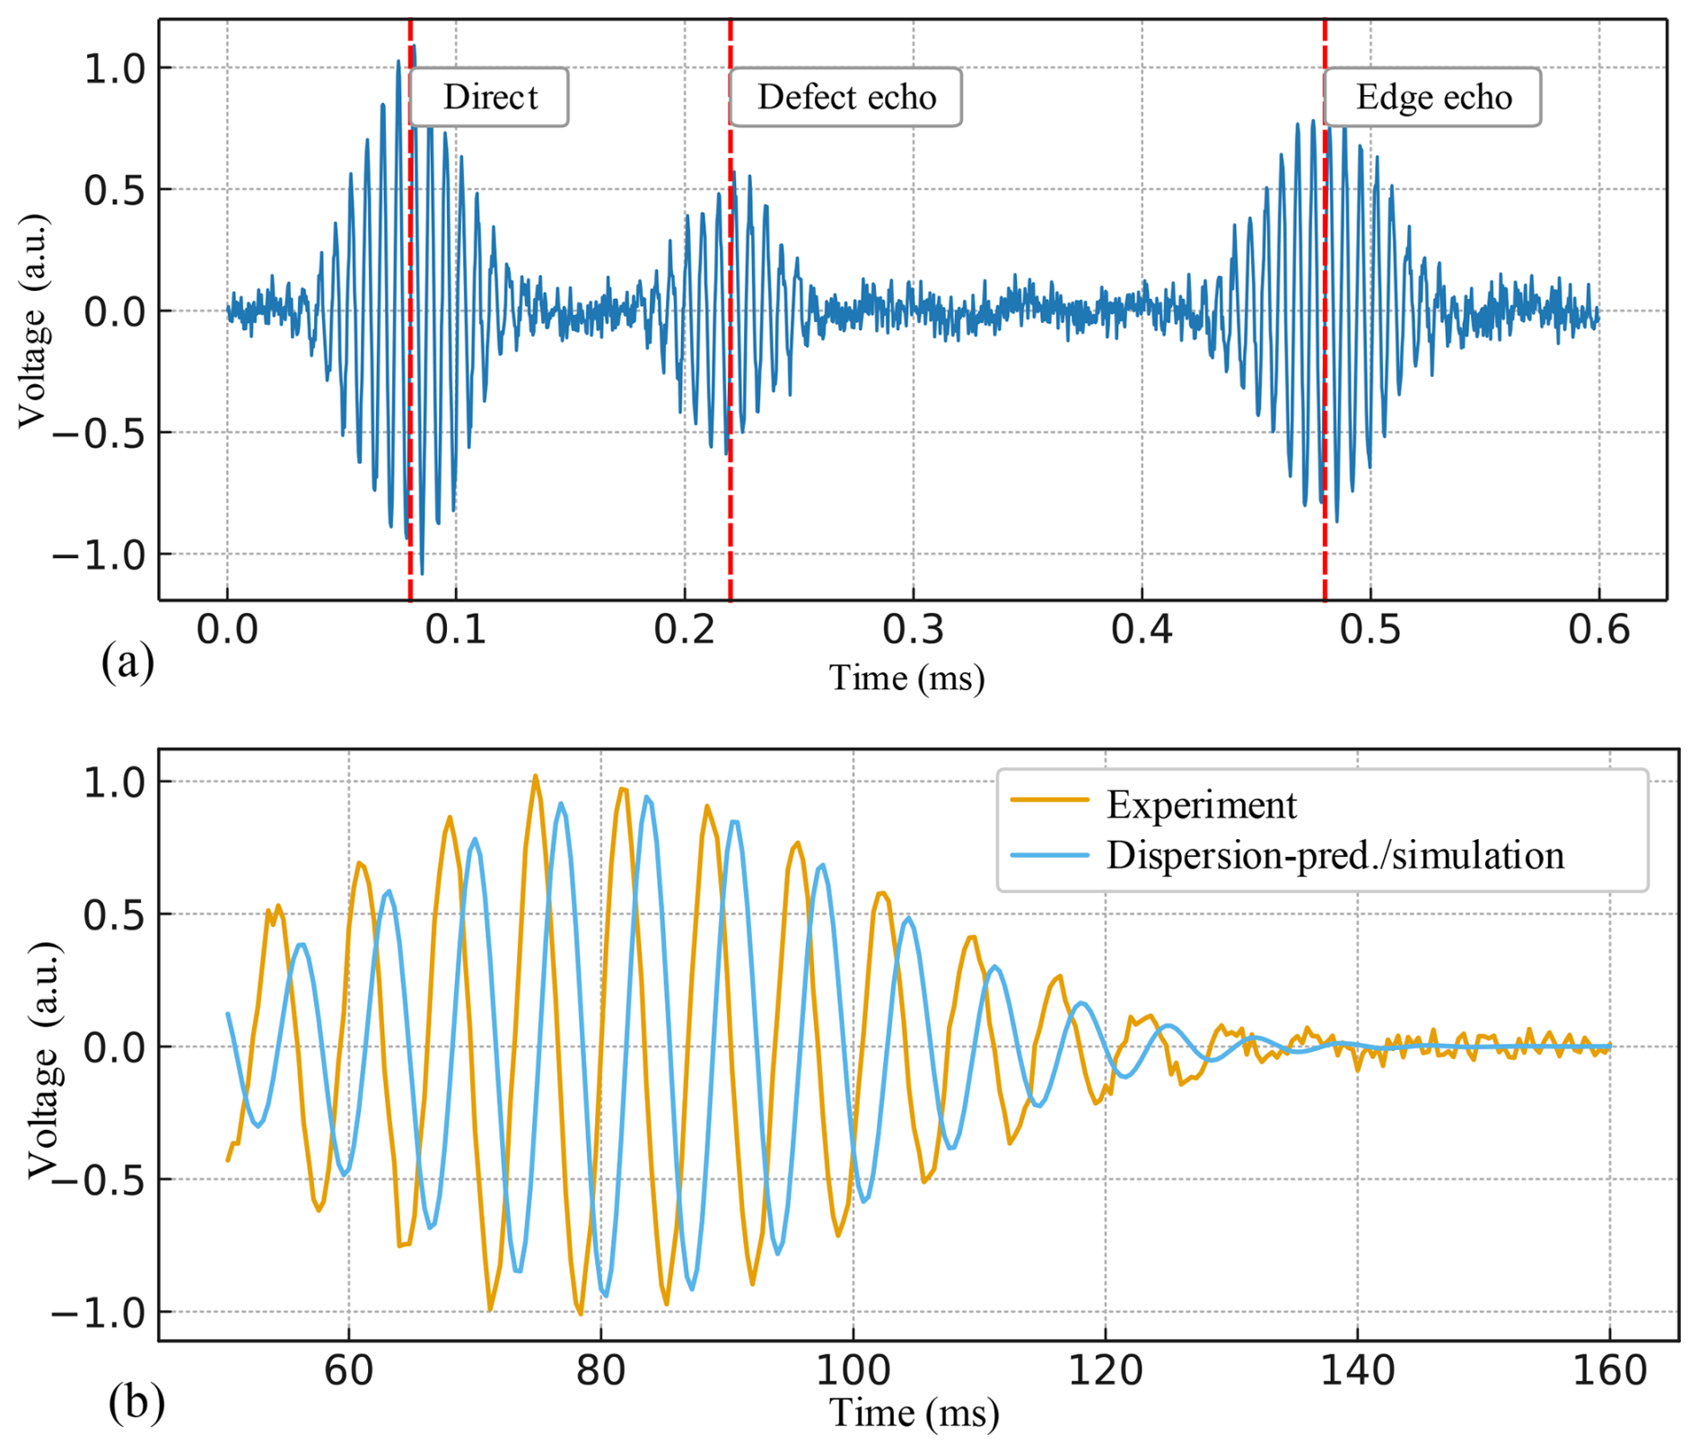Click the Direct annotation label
489,97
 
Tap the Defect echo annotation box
845,97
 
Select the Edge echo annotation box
1432,97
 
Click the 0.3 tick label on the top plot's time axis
913,630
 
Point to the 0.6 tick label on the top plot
1598,630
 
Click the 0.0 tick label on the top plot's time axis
227,630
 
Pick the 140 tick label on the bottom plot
1357,1370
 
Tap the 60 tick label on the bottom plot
348,1370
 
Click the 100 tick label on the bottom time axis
853,1370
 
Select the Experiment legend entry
1201,805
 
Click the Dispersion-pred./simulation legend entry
1335,855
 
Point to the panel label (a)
127,662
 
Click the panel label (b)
136,1402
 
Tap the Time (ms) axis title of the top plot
906,678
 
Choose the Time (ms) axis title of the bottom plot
914,1413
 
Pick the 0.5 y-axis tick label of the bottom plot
113,914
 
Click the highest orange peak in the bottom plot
535,776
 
